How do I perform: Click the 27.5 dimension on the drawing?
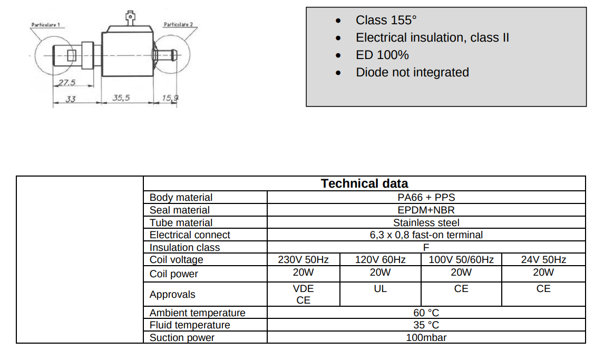[x=66, y=82]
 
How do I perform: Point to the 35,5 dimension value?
[x=121, y=98]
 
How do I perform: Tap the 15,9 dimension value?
[x=170, y=98]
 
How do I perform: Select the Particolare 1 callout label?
[x=45, y=25]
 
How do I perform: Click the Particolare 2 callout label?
[x=178, y=25]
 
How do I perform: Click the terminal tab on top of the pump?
[x=130, y=18]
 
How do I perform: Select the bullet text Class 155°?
[x=386, y=20]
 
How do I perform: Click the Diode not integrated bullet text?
[x=412, y=72]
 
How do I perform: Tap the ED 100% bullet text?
[x=382, y=55]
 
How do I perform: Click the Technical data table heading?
[x=364, y=183]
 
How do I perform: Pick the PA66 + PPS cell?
[x=426, y=198]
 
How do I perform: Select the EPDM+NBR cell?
[x=426, y=210]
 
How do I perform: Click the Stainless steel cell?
[x=426, y=223]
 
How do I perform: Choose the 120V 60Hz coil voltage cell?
[x=380, y=260]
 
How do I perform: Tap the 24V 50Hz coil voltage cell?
[x=543, y=260]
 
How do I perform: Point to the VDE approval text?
[x=303, y=289]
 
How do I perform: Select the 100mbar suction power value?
[x=426, y=338]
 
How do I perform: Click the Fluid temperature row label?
[x=190, y=325]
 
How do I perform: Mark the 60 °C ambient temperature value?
[x=426, y=313]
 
